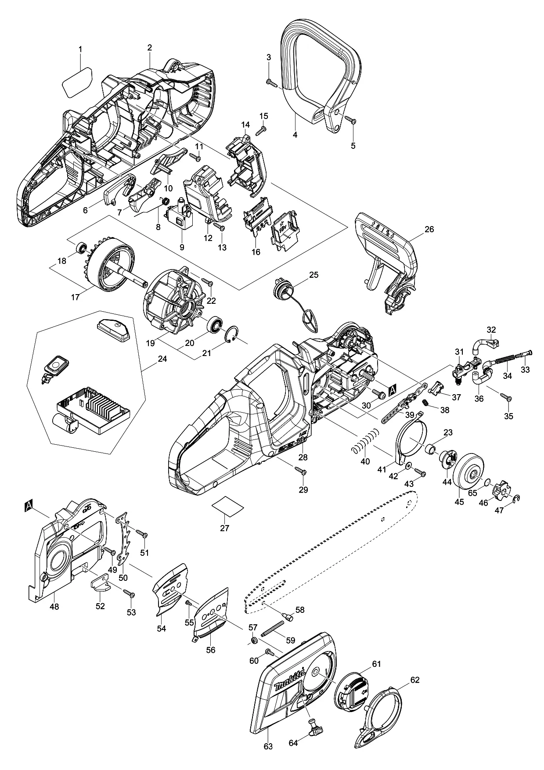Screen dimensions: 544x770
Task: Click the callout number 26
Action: click(429, 229)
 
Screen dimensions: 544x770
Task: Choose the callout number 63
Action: click(268, 746)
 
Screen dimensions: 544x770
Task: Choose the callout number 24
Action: click(162, 359)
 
